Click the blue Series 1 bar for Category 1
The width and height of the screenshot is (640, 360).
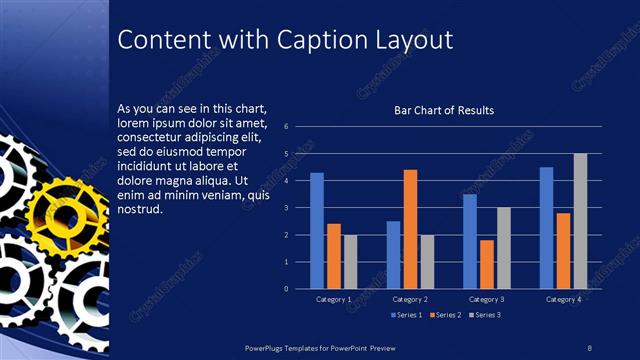tap(317, 231)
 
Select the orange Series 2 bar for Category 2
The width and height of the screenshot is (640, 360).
tap(410, 229)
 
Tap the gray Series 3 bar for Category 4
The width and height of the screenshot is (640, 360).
tap(580, 221)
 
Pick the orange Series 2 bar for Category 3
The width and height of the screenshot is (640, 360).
tap(487, 264)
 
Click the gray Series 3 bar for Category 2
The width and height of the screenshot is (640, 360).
tap(427, 262)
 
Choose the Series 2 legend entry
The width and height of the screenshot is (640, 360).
tap(443, 316)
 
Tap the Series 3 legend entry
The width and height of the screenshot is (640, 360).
tap(485, 316)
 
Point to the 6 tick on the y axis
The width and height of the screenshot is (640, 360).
tap(286, 127)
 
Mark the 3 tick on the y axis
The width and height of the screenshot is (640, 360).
tap(286, 208)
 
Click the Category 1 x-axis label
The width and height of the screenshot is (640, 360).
tap(334, 299)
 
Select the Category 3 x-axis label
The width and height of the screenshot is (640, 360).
tap(487, 299)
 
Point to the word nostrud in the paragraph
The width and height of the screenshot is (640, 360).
tap(139, 209)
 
